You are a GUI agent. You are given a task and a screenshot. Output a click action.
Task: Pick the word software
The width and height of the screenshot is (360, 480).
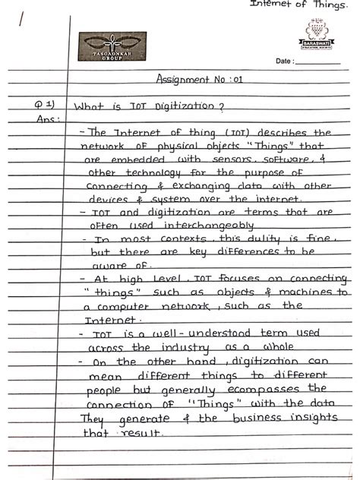click(x=283, y=161)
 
